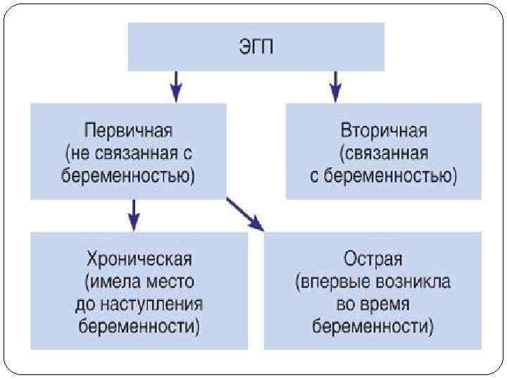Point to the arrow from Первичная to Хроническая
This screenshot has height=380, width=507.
coord(134,215)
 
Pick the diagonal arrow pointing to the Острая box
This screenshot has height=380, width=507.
coord(244,215)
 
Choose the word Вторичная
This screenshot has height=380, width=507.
coord(384,132)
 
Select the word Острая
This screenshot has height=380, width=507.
coord(373,260)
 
